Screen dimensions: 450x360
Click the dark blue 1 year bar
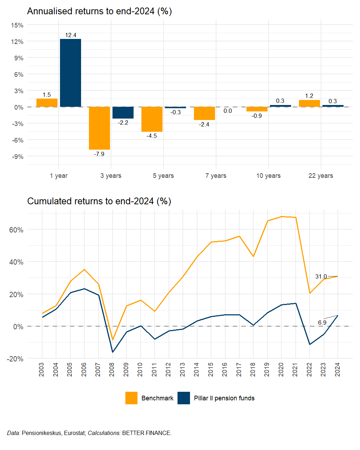click(x=70, y=73)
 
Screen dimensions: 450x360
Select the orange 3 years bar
click(x=99, y=128)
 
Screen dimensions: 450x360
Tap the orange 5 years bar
click(x=152, y=119)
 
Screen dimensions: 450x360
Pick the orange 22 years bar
click(x=309, y=103)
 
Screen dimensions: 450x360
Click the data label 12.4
click(x=71, y=35)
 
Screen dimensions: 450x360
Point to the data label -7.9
click(x=99, y=154)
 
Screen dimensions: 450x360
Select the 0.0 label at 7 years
click(x=228, y=111)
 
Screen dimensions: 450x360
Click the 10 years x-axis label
click(x=268, y=176)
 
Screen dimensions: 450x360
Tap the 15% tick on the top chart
click(x=17, y=25)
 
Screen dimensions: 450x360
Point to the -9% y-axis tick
click(x=17, y=157)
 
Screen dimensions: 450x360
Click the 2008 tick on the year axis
click(x=112, y=369)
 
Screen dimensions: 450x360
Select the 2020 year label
click(x=281, y=369)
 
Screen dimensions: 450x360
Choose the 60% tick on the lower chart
click(x=16, y=230)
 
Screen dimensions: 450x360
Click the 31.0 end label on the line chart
click(x=321, y=277)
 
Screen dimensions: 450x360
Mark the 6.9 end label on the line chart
click(x=322, y=322)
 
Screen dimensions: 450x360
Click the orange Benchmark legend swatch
click(x=131, y=398)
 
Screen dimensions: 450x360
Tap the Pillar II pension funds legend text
click(x=224, y=398)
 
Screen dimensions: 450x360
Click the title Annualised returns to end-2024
click(x=99, y=11)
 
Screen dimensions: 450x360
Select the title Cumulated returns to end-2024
click(x=99, y=201)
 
